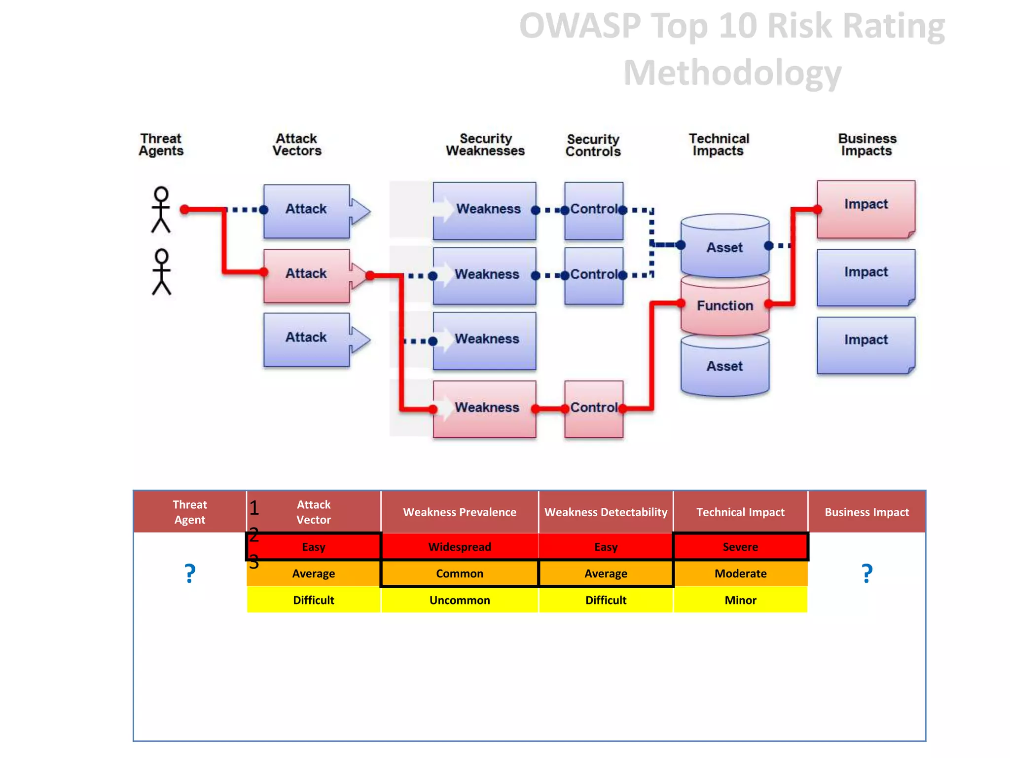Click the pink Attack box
click(x=306, y=275)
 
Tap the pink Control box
click(x=593, y=409)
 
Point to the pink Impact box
click(x=866, y=208)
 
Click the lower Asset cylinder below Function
click(x=724, y=367)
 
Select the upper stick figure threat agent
click(x=161, y=209)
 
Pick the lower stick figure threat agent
click(x=161, y=272)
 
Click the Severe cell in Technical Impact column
click(x=740, y=547)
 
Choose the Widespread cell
click(x=460, y=547)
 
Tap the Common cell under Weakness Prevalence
click(x=460, y=573)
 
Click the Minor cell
click(x=740, y=600)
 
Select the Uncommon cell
click(x=460, y=600)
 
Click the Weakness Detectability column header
click(x=606, y=512)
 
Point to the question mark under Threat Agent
click(x=190, y=573)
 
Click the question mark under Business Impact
click(x=867, y=573)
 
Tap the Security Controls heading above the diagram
click(x=593, y=146)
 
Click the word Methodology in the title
click(x=732, y=73)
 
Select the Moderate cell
click(x=740, y=573)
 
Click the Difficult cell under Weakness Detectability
click(x=606, y=600)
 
